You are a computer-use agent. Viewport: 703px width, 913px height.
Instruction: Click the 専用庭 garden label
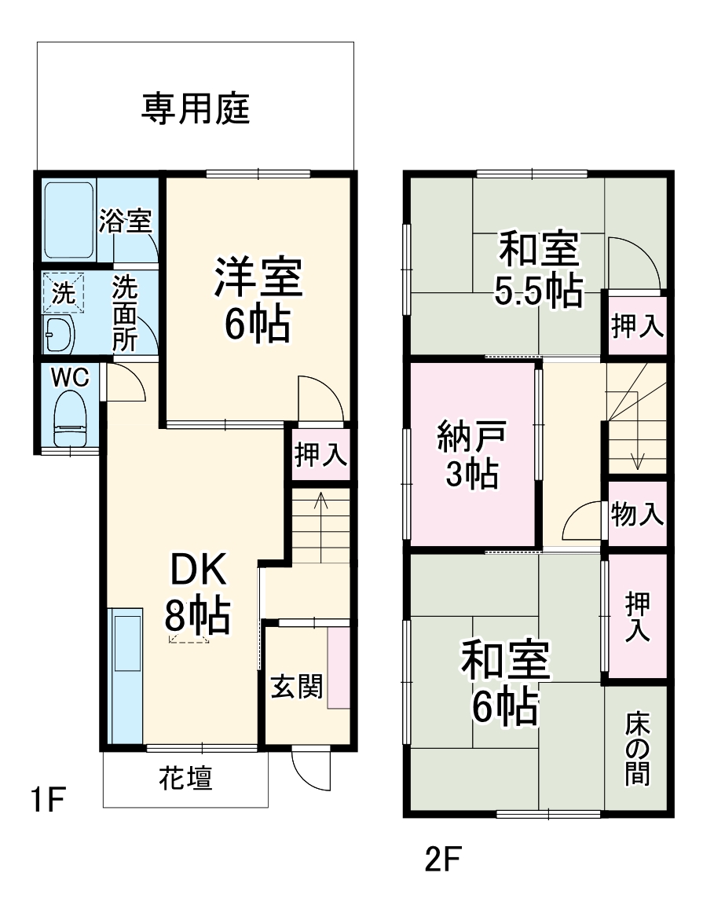[196, 108]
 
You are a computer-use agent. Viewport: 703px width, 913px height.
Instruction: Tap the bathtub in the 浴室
[69, 221]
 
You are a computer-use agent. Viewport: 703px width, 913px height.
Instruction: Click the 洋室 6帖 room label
[256, 302]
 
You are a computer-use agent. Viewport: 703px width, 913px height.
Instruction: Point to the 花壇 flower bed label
[185, 779]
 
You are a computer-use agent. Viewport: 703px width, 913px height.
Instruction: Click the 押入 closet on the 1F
[320, 453]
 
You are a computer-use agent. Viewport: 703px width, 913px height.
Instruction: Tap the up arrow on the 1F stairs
[320, 503]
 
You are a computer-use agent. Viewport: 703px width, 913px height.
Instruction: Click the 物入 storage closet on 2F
[637, 515]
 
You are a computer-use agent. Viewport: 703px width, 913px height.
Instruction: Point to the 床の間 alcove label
[638, 748]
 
